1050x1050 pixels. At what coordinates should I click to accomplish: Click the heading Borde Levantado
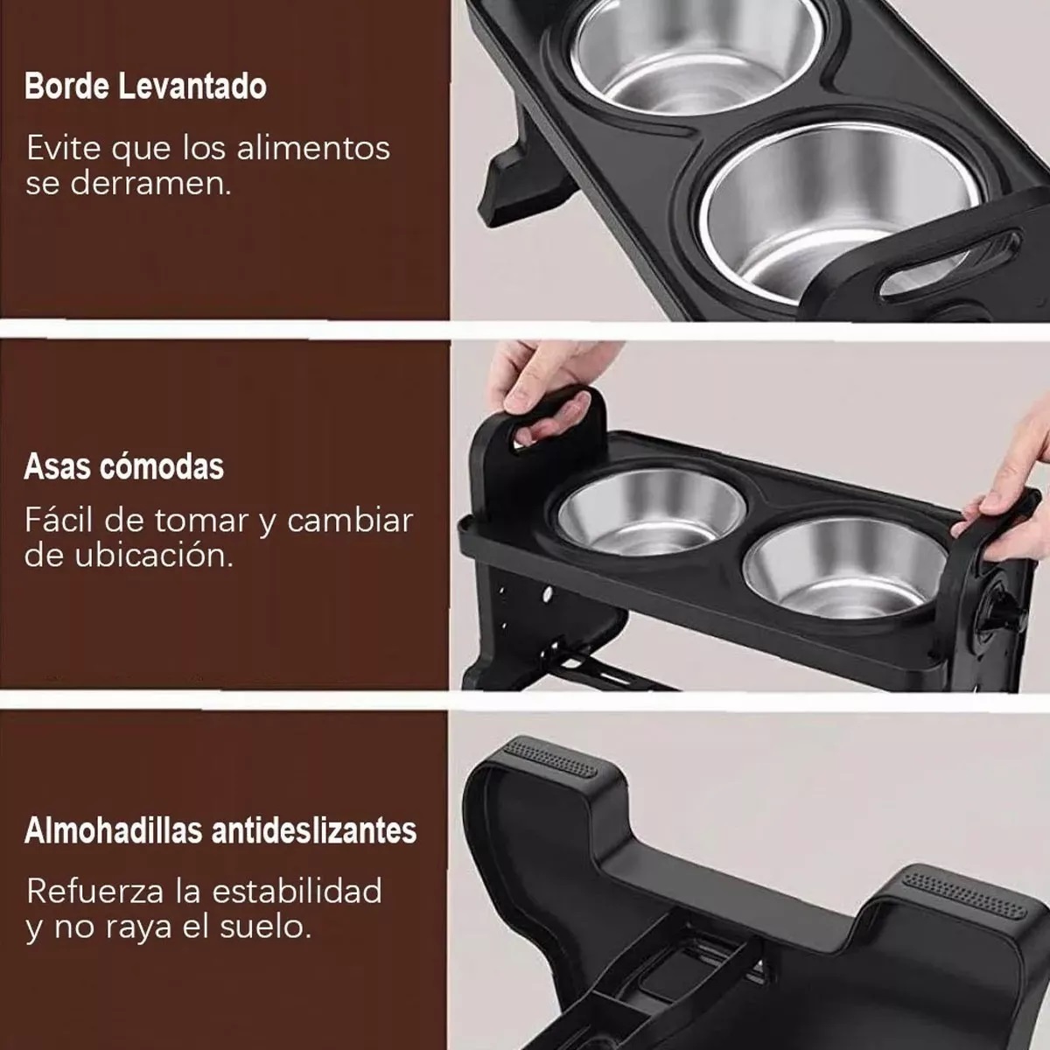(145, 87)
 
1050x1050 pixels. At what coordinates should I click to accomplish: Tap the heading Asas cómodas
(124, 466)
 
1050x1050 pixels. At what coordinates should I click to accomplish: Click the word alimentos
(316, 148)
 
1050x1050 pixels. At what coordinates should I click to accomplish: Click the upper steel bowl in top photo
(682, 52)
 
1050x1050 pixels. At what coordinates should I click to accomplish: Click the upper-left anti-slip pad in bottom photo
(551, 753)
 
